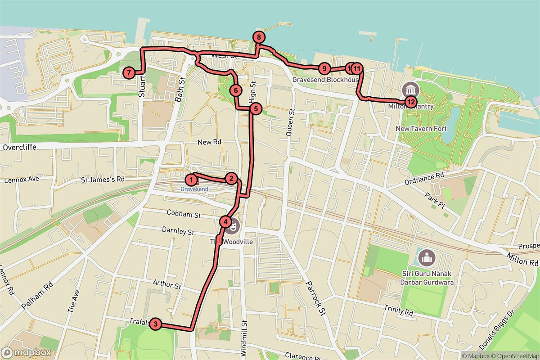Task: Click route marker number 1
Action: click(x=191, y=180)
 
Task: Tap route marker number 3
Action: click(x=155, y=324)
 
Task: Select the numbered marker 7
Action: click(x=129, y=72)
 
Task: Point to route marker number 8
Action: click(x=259, y=37)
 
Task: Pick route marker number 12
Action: click(x=410, y=102)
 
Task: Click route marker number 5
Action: click(x=255, y=108)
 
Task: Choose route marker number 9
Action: click(x=324, y=69)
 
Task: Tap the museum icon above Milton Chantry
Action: click(x=411, y=89)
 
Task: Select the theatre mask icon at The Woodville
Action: click(x=233, y=228)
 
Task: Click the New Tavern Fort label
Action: click(x=421, y=129)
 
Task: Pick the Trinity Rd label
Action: click(x=398, y=310)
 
